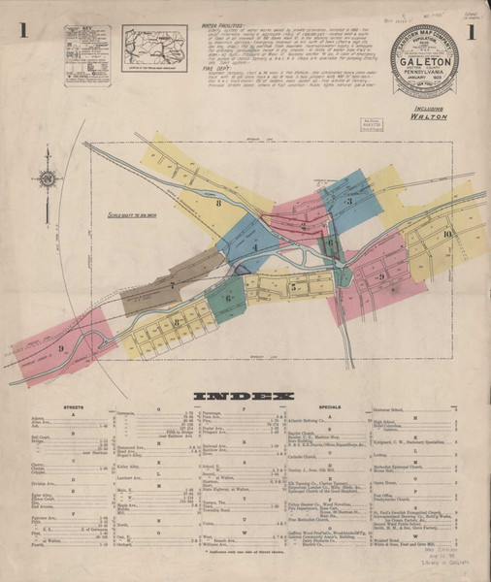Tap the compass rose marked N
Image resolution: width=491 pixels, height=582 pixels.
point(46,178)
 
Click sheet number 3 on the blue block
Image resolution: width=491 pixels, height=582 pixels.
point(347,201)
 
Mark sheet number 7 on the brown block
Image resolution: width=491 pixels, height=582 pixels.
point(173,286)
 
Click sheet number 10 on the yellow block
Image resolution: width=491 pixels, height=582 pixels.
point(445,236)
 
